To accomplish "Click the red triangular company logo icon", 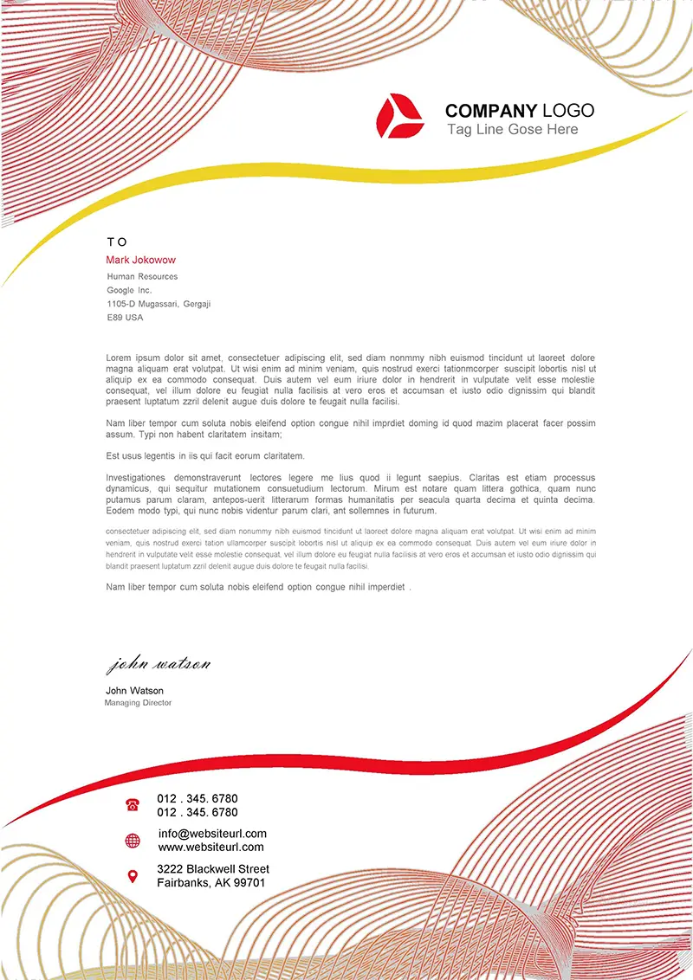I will pyautogui.click(x=399, y=116).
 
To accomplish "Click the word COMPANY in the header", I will pyautogui.click(x=490, y=111).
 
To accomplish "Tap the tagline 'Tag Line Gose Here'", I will pyautogui.click(x=512, y=130).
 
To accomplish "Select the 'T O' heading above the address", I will pyautogui.click(x=117, y=242).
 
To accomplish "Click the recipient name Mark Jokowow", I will pyautogui.click(x=140, y=260).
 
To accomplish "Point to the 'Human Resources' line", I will pyautogui.click(x=142, y=276).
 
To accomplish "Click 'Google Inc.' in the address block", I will pyautogui.click(x=129, y=290).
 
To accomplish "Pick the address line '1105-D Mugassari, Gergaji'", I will pyautogui.click(x=159, y=304).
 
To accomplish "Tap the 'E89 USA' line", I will pyautogui.click(x=125, y=318).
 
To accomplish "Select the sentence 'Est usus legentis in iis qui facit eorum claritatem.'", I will pyautogui.click(x=205, y=455).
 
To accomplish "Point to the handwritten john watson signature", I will pyautogui.click(x=158, y=665).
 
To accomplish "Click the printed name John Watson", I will pyautogui.click(x=134, y=691).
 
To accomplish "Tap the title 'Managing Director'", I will pyautogui.click(x=138, y=703).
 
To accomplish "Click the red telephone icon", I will pyautogui.click(x=133, y=805).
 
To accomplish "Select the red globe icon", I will pyautogui.click(x=133, y=841).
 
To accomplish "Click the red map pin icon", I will pyautogui.click(x=133, y=876).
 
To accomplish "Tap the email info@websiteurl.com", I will pyautogui.click(x=212, y=834).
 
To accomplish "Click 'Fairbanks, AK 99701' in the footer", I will pyautogui.click(x=210, y=883).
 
